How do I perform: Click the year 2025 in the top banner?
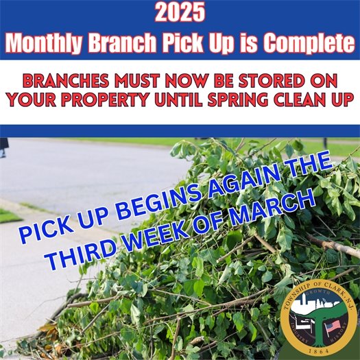[x=180, y=12]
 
